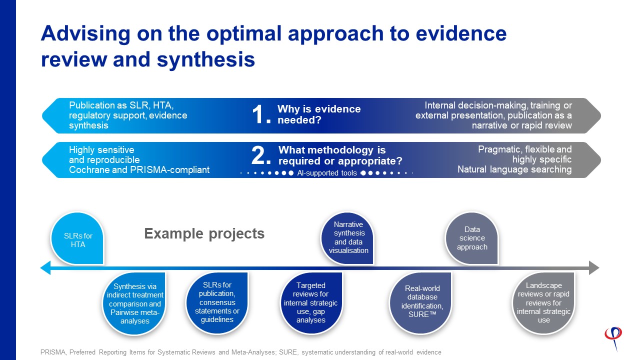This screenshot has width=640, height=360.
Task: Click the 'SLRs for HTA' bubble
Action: [x=77, y=238]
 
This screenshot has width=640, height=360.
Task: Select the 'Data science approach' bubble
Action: [x=471, y=238]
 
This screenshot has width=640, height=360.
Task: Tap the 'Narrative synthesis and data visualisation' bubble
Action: [x=347, y=238]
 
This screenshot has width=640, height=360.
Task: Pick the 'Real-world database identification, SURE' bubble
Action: [x=420, y=303]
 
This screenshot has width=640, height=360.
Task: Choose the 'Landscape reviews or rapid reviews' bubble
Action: [x=543, y=303]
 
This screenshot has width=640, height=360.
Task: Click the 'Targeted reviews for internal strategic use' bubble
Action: [x=311, y=303]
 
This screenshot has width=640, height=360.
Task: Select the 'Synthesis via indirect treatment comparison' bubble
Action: [x=134, y=303]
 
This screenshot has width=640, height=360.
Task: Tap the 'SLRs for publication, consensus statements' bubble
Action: [x=217, y=303]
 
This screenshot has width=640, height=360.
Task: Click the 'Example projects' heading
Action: [x=204, y=233]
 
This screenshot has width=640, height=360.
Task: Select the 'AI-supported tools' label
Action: [x=327, y=173]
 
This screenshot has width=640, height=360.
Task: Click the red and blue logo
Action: [x=613, y=338]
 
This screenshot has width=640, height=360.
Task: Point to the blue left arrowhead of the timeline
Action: [x=45, y=267]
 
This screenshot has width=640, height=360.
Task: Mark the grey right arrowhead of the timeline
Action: [x=594, y=267]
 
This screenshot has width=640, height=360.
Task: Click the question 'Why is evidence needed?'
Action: [x=319, y=114]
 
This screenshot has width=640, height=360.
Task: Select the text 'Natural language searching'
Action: [x=514, y=169]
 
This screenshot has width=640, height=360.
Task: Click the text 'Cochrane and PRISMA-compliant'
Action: [x=139, y=169]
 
